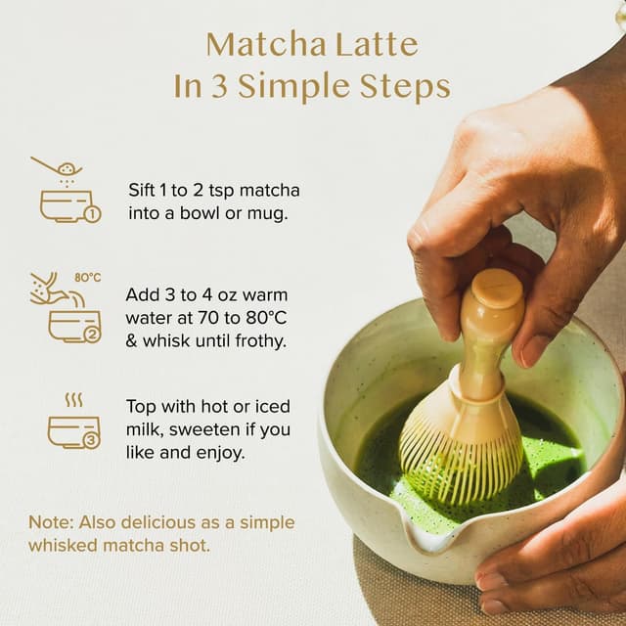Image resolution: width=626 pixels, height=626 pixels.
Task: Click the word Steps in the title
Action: (x=406, y=87)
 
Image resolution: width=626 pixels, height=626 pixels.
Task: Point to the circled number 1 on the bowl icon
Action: (x=92, y=214)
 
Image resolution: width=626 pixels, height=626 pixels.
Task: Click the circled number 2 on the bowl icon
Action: (x=92, y=334)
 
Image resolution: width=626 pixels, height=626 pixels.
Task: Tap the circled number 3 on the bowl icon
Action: (x=91, y=440)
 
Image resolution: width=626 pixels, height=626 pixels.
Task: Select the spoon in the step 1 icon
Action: (x=55, y=167)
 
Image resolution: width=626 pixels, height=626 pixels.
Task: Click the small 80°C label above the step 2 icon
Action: (x=88, y=278)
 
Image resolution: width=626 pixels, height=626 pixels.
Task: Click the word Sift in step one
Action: (x=144, y=190)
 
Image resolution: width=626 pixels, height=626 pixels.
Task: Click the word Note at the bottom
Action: (x=49, y=522)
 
